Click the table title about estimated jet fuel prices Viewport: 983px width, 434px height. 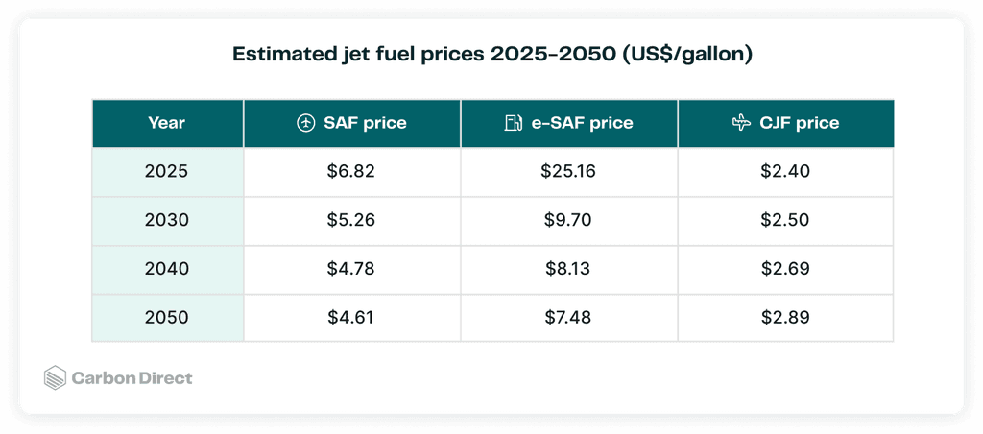[x=491, y=55]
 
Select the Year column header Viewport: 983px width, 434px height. [x=166, y=123]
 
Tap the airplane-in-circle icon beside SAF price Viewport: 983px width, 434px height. [x=305, y=123]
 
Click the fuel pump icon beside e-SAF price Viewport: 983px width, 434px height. [x=514, y=123]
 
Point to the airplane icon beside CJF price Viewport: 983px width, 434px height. [x=740, y=123]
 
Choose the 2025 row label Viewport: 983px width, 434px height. [x=166, y=172]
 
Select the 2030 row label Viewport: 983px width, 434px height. [x=166, y=220]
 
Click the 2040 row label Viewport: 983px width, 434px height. [x=166, y=269]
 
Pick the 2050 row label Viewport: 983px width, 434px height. [x=166, y=317]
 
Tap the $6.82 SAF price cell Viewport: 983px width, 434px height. [x=351, y=172]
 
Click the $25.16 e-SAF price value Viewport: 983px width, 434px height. [x=568, y=172]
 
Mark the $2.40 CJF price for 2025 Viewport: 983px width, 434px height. [x=785, y=172]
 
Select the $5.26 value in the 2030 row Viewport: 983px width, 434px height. [x=351, y=220]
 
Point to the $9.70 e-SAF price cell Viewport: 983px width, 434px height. [x=568, y=220]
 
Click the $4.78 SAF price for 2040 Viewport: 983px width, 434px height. [x=351, y=269]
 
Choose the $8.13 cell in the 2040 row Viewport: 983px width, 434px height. [x=568, y=269]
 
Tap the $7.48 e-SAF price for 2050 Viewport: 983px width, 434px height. [x=568, y=317]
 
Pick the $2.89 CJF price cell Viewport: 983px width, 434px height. [x=785, y=317]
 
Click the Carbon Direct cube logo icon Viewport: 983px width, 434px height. [x=56, y=378]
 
